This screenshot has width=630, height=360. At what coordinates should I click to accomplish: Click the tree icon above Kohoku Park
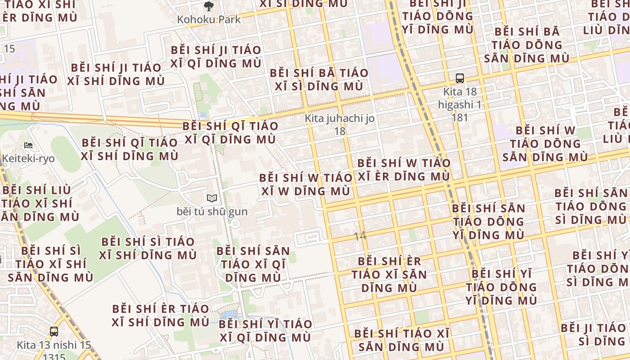(x=208, y=6)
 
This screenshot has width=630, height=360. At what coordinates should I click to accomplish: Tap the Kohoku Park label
(x=209, y=20)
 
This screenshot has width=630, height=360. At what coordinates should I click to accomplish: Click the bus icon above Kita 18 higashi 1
(x=459, y=78)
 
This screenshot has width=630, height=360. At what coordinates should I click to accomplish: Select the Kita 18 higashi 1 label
(x=459, y=104)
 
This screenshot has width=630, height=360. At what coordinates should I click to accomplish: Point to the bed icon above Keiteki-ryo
(x=28, y=145)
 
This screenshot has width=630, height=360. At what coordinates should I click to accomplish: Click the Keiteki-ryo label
(x=28, y=158)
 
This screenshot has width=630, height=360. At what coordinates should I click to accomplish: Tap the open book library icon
(x=211, y=198)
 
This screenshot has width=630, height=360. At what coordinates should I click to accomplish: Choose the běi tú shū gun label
(x=212, y=211)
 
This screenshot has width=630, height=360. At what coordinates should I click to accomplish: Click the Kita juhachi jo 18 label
(x=340, y=125)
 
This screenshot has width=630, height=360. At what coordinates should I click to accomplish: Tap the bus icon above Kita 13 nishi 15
(x=54, y=332)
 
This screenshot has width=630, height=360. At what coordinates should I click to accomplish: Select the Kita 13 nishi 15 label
(x=54, y=346)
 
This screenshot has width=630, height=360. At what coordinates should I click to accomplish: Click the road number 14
(x=360, y=236)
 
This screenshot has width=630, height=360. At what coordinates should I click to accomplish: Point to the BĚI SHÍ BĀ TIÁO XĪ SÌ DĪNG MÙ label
(x=319, y=80)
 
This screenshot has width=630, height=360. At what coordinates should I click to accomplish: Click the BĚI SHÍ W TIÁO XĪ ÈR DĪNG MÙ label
(x=404, y=170)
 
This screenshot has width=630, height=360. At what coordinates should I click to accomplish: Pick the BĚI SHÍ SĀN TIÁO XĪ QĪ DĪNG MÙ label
(x=253, y=264)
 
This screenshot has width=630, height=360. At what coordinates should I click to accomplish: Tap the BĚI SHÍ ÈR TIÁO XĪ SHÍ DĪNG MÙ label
(x=161, y=315)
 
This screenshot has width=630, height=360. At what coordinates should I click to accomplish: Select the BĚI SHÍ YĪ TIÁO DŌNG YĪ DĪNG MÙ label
(x=501, y=287)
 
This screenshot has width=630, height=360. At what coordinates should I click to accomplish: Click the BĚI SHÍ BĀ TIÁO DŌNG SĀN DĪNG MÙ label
(x=526, y=45)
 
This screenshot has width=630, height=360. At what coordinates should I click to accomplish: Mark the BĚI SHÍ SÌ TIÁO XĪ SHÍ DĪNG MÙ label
(x=148, y=248)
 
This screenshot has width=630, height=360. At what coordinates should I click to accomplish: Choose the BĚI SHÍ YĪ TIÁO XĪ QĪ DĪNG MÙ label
(x=265, y=331)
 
